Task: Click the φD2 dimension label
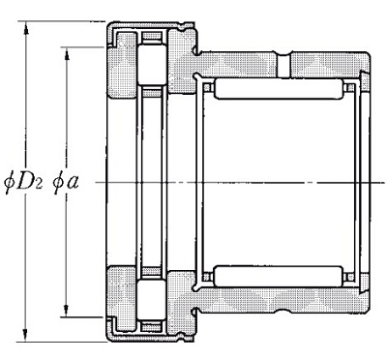pos(23,184)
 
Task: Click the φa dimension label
pos(66,184)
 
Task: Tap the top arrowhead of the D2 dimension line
pos(26,28)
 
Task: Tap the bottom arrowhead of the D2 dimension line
pos(26,335)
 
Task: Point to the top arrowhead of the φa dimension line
pos(67,54)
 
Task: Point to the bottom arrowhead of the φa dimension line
pos(67,311)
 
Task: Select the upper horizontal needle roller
pos(279,88)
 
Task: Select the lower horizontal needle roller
pos(279,277)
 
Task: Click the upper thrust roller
pos(152,65)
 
